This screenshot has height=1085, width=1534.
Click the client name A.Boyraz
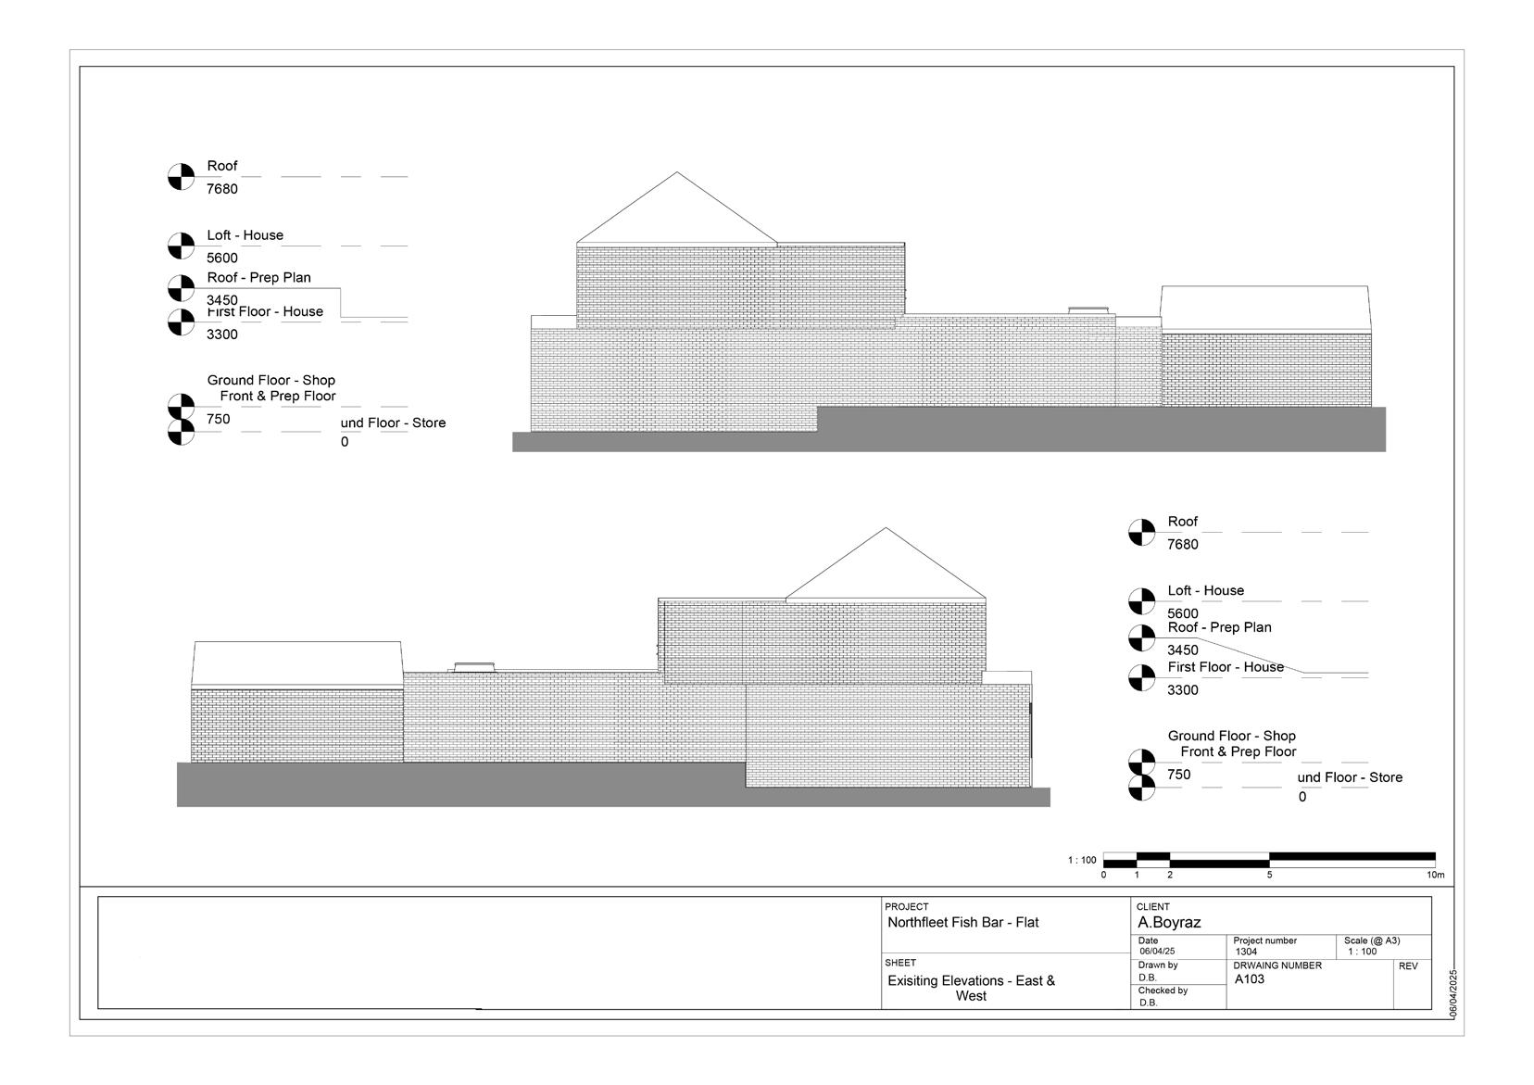click(x=1169, y=923)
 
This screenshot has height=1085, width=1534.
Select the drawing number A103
click(x=1250, y=978)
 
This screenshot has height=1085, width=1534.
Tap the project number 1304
click(x=1246, y=952)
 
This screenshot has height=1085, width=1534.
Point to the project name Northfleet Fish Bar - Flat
click(x=962, y=923)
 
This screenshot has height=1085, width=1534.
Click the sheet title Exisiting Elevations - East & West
click(x=971, y=988)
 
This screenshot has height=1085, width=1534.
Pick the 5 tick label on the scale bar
click(x=1269, y=875)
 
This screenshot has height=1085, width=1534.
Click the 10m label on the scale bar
click(x=1435, y=875)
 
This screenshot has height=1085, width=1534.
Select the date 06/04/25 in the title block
click(x=1157, y=952)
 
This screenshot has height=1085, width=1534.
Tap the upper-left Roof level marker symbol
click(x=181, y=176)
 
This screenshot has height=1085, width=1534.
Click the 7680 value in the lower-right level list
click(x=1182, y=545)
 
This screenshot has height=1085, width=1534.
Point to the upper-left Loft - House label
click(x=245, y=235)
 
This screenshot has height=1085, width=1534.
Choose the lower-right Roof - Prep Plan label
click(x=1219, y=627)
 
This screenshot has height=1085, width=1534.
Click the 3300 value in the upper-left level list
click(x=222, y=334)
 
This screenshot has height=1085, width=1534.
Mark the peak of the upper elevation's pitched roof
click(x=677, y=172)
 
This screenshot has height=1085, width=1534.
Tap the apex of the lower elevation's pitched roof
click(x=886, y=529)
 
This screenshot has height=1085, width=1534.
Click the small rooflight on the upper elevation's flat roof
click(x=1088, y=310)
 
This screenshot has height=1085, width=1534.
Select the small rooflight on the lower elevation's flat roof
click(x=473, y=666)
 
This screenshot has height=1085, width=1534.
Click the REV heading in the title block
click(x=1408, y=966)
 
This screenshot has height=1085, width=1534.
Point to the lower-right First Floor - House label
click(x=1226, y=667)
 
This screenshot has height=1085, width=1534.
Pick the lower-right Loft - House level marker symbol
click(x=1141, y=601)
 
